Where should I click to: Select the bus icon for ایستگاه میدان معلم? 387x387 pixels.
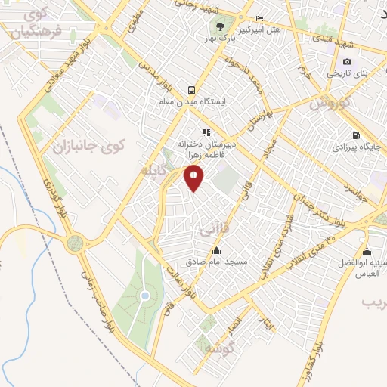click(x=192, y=88)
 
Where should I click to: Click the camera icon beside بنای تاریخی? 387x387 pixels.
click(x=347, y=61)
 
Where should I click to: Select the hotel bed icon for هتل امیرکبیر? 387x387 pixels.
click(x=260, y=19)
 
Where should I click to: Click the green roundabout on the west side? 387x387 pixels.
click(x=74, y=243)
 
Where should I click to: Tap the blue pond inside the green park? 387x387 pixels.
click(x=144, y=295)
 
